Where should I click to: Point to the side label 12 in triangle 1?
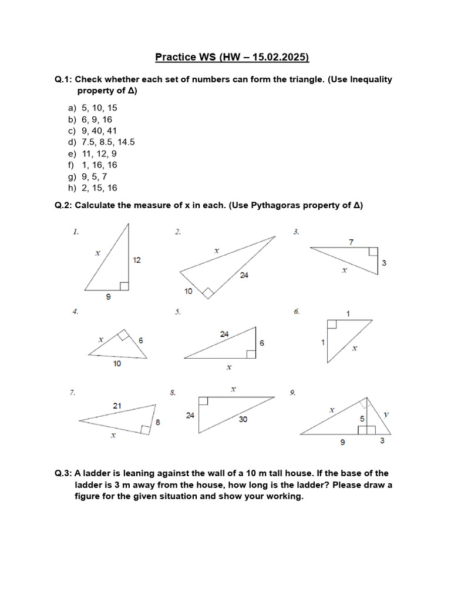(x=137, y=260)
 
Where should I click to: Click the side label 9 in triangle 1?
(x=107, y=297)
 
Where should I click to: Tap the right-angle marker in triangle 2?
(x=207, y=292)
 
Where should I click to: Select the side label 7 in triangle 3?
(x=351, y=242)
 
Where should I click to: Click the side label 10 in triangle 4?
(x=117, y=363)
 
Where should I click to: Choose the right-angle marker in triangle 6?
(x=332, y=324)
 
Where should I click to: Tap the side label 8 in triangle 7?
(x=157, y=422)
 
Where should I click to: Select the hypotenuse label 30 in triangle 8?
(x=243, y=419)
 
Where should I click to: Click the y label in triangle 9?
(x=386, y=414)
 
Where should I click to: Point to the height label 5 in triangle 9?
(x=363, y=419)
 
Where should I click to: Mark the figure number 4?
(x=75, y=312)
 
